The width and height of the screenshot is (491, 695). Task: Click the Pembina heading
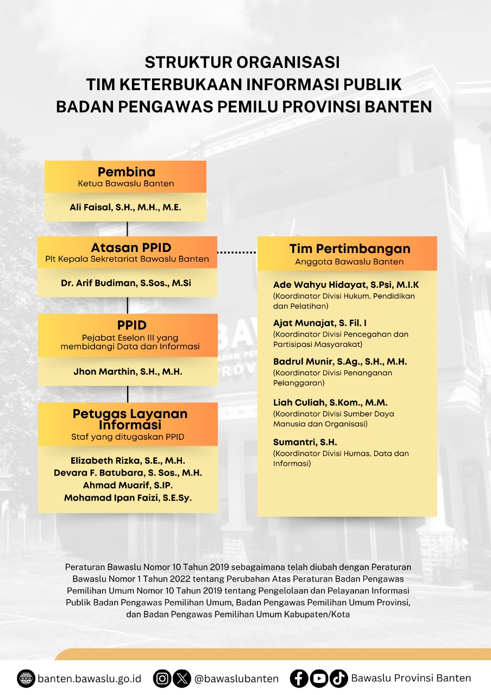point(126,172)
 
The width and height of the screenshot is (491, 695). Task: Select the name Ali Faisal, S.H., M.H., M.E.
point(125,207)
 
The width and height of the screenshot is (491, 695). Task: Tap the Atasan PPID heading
point(127,248)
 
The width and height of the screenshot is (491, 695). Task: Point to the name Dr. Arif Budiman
point(126,283)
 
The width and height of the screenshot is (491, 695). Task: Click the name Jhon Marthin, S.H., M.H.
point(128,372)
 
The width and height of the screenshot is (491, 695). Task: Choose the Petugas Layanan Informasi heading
point(130,419)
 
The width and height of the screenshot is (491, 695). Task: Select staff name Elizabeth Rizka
point(128,460)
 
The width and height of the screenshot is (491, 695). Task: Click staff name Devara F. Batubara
point(128,473)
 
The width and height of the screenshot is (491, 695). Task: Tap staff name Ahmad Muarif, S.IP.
point(128,485)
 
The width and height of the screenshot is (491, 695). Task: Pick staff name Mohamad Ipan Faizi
point(128,497)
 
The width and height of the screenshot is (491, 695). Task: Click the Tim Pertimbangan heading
point(349,249)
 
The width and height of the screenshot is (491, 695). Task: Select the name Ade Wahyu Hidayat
point(346,285)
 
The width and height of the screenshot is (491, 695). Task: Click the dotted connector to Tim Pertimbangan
point(236,252)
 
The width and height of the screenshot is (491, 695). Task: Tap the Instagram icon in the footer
point(162,678)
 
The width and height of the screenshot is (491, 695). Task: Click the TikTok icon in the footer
point(339,678)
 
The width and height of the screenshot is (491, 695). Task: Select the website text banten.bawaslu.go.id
point(89,679)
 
